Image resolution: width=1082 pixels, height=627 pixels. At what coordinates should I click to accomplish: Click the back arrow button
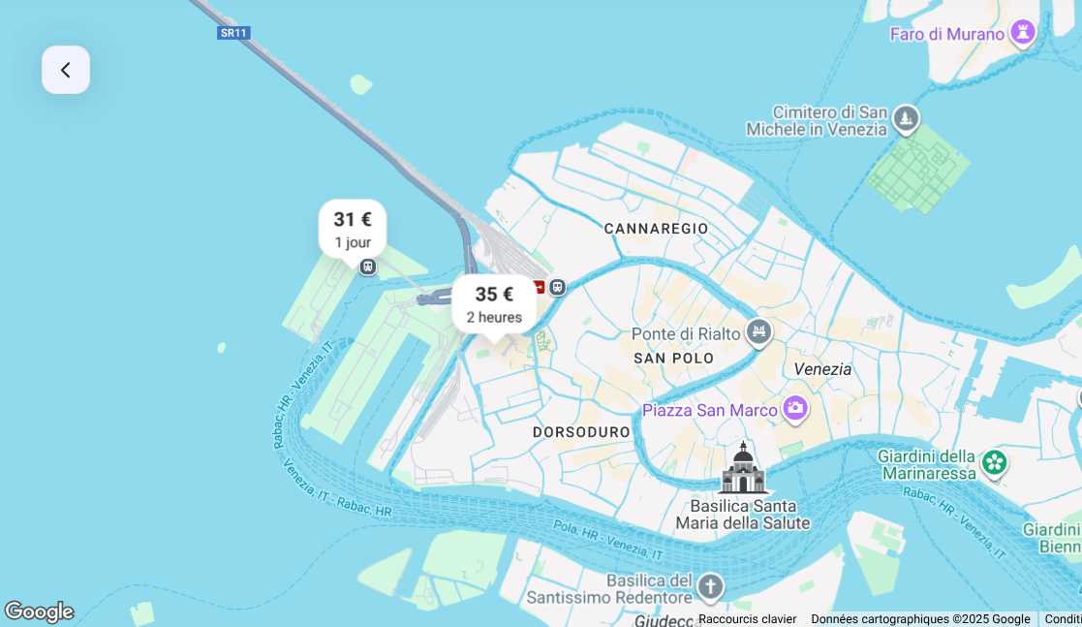coord(66,70)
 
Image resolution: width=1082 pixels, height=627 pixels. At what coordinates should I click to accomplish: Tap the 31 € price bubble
coord(353,229)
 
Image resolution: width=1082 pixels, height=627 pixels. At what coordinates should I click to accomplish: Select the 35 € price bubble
coord(494,303)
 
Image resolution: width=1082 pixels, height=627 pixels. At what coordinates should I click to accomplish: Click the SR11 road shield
coord(232,33)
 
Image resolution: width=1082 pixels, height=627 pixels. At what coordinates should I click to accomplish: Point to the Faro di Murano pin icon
coord(1022,33)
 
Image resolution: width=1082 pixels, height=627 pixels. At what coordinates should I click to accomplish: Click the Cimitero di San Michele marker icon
coord(906,118)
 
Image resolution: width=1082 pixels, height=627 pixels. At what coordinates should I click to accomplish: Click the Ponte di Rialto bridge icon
coord(758,332)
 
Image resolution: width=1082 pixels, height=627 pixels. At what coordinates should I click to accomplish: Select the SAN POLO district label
coord(673,359)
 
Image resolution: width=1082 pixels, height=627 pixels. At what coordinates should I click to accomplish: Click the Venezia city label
coord(822,369)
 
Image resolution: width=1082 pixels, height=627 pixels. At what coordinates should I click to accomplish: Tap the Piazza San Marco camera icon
coord(795,409)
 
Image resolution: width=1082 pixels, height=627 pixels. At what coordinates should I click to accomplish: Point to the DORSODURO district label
coord(581,432)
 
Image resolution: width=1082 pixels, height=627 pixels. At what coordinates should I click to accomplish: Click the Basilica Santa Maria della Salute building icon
coord(743,469)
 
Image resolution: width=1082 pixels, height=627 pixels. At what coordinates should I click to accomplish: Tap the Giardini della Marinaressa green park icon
coord(995,462)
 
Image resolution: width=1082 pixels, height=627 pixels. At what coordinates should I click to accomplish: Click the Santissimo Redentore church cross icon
coord(710,586)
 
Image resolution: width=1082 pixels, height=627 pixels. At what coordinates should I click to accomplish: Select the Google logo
coord(39,611)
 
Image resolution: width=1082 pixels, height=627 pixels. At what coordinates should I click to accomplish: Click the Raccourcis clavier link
coord(747,619)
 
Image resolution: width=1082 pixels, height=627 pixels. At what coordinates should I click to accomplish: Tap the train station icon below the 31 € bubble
coord(368,266)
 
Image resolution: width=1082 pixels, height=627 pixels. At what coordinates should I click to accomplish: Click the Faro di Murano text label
coord(947,34)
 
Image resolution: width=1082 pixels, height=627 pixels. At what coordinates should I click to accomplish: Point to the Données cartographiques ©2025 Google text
coord(920,619)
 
